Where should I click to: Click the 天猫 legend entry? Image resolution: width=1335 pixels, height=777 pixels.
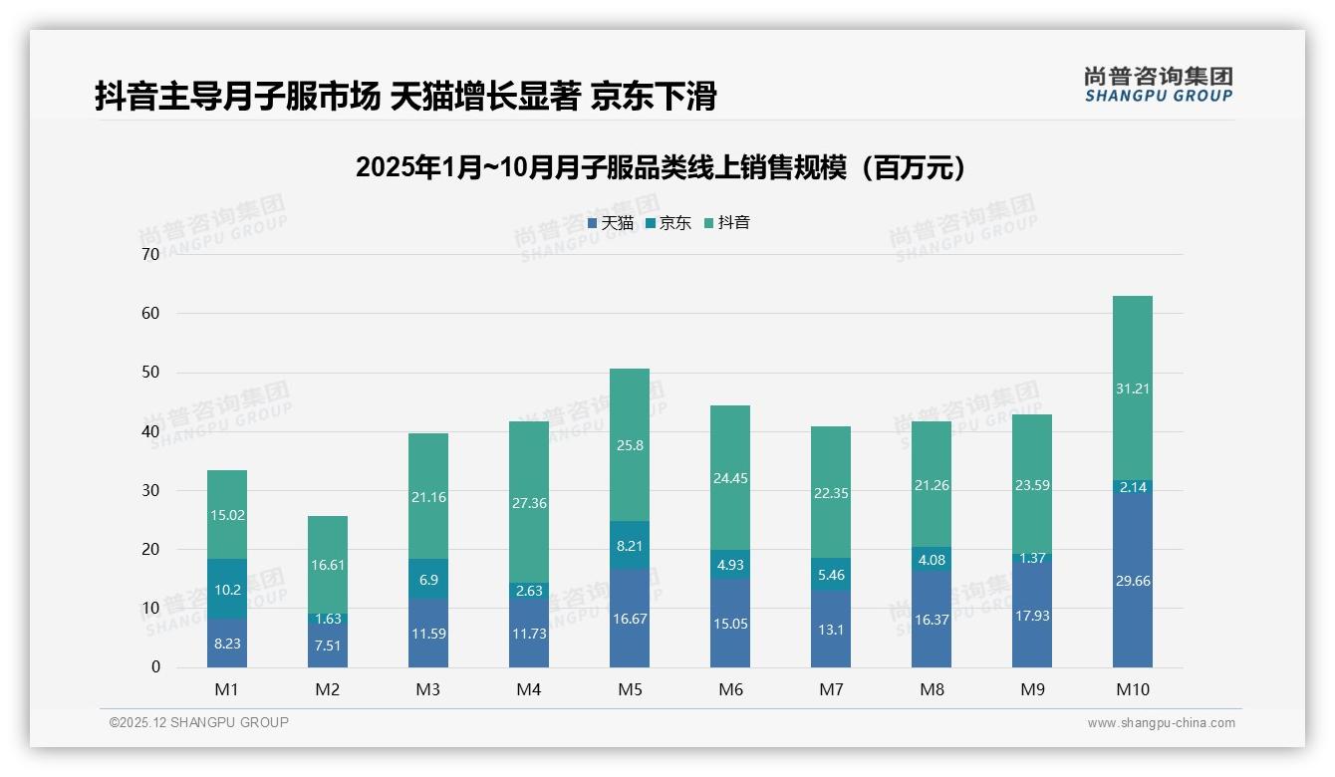(611, 223)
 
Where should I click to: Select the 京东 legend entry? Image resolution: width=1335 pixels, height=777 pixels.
(668, 223)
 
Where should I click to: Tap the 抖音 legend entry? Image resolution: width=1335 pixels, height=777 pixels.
(727, 223)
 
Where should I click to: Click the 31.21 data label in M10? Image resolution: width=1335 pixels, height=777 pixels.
(1132, 388)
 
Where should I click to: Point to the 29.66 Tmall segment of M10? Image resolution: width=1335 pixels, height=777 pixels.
(1132, 581)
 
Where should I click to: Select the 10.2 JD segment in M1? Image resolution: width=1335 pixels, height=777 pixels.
(227, 589)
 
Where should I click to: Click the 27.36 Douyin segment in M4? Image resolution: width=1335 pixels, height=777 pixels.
(529, 503)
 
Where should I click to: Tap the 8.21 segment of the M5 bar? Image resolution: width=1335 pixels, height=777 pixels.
(630, 545)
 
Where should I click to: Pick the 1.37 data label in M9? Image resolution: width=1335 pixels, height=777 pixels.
(1032, 558)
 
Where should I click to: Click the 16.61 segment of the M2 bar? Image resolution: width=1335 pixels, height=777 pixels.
(328, 565)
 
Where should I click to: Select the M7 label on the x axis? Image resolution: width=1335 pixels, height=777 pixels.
(831, 689)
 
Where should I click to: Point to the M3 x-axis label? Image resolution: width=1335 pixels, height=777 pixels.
(428, 689)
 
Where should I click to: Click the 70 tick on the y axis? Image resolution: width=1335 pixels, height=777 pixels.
(150, 254)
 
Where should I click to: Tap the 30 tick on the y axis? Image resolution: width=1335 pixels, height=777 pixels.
(150, 490)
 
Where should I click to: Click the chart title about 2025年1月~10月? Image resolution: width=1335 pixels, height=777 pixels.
(661, 167)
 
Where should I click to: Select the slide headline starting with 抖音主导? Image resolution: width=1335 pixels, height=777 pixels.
(405, 97)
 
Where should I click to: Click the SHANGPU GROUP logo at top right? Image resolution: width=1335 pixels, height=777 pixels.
(1158, 85)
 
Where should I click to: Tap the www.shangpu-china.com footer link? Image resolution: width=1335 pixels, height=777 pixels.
(1161, 723)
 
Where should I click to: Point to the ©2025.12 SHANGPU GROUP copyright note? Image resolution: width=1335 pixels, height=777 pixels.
(199, 722)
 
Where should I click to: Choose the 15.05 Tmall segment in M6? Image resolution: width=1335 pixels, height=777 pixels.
(730, 624)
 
